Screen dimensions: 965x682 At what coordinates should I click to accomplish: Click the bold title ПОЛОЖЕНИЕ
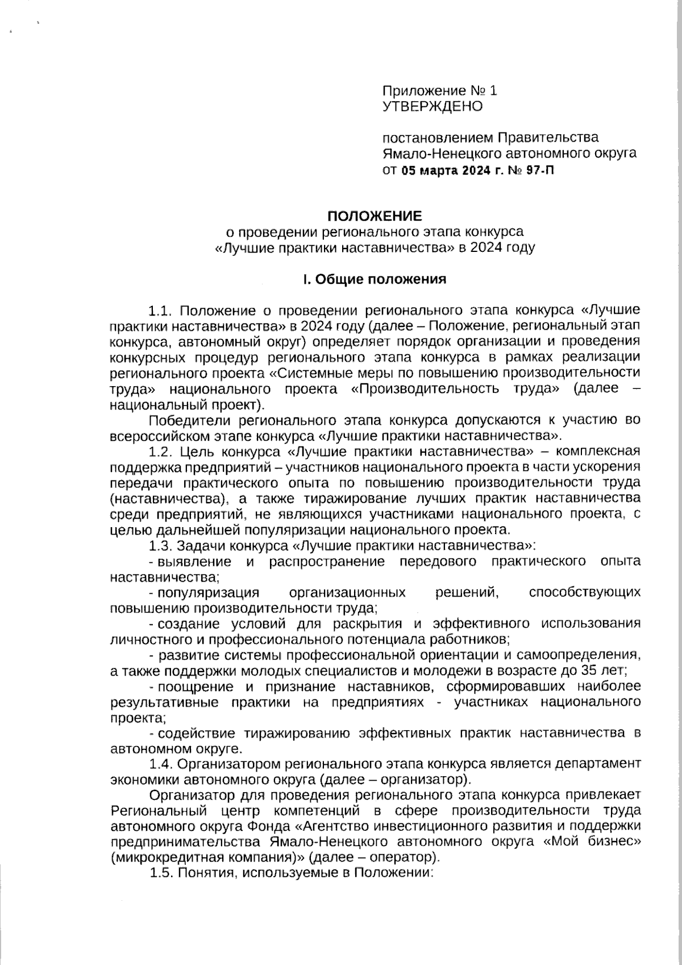click(x=375, y=217)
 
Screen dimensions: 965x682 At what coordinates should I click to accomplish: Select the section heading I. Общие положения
click(x=375, y=279)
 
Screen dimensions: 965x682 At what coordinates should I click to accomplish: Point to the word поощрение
click(x=192, y=686)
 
